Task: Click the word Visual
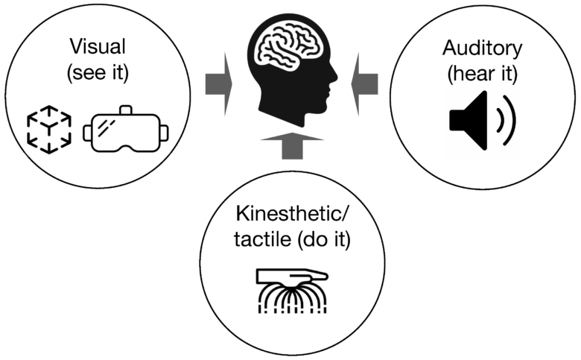[98, 47]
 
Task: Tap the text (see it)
[98, 72]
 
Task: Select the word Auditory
[482, 48]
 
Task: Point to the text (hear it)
[482, 74]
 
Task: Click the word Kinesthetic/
[292, 214]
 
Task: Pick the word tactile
[262, 239]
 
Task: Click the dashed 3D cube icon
[49, 130]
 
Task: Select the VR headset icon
[126, 130]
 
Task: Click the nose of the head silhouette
[334, 77]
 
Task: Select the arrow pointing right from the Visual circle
[218, 84]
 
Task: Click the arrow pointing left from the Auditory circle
[364, 84]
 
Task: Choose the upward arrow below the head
[292, 145]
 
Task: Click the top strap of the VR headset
[126, 110]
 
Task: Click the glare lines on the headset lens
[107, 127]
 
